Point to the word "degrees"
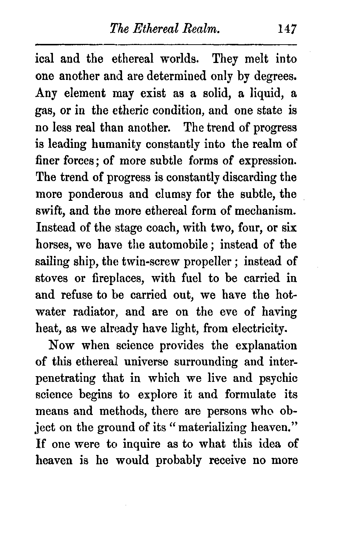(274, 76)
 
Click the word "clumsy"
(173, 195)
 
